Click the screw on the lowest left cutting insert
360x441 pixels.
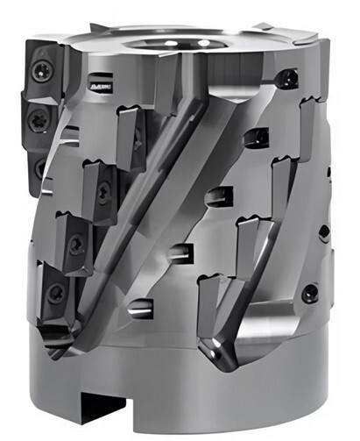[57, 292]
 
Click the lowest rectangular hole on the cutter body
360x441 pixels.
[138, 308]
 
